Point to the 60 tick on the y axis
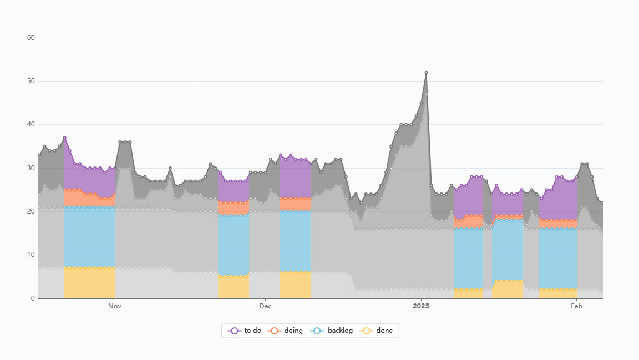[x=31, y=38]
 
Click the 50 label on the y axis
[x=31, y=81]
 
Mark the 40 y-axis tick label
[x=31, y=124]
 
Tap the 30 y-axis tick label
[x=31, y=168]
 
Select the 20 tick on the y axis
[x=31, y=211]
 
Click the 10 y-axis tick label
[x=31, y=255]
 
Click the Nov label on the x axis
[x=115, y=306]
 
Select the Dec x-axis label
[x=265, y=306]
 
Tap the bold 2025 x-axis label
[x=421, y=306]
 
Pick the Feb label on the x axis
[x=577, y=306]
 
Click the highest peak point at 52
[x=426, y=73]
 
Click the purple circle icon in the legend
[x=235, y=331]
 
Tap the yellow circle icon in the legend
[x=366, y=331]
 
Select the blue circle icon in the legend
[x=318, y=331]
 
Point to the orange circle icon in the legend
[x=275, y=331]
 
